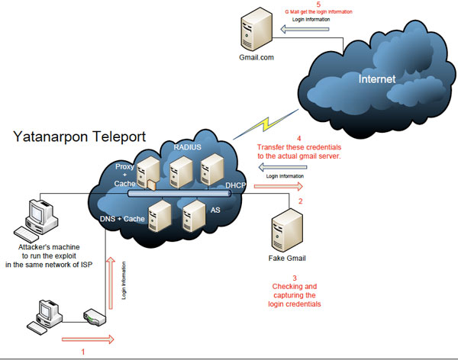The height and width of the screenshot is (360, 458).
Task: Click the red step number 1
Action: [x=83, y=352]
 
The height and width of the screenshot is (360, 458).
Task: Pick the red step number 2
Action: [x=300, y=201]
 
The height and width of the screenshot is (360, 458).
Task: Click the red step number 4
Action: [x=300, y=138]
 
